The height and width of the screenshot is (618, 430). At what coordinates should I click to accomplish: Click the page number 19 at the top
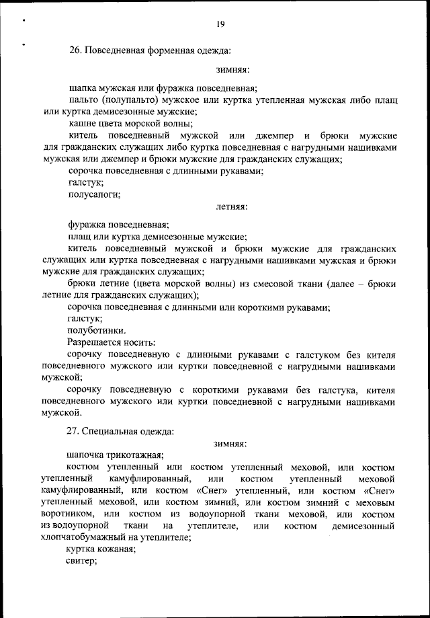pos(220,24)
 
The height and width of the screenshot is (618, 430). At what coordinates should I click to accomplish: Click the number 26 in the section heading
pos(75,50)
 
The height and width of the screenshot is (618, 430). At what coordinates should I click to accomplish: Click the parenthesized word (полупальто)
pos(132,100)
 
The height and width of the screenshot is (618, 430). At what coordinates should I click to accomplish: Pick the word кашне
pos(82,123)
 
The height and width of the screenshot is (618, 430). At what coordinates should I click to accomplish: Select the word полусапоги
pos(94,194)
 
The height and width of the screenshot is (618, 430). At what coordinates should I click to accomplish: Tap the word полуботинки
pos(96,330)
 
